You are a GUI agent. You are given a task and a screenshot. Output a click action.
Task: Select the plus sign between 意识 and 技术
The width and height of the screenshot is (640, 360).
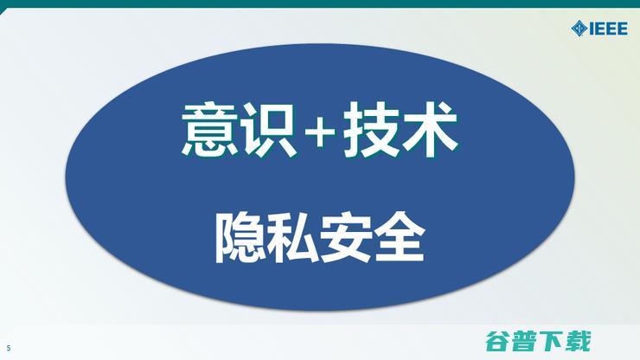(x=322, y=132)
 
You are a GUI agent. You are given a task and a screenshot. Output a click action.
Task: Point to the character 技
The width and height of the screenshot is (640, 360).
(x=373, y=132)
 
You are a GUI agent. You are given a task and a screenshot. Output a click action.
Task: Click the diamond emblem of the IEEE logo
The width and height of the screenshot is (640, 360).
(x=579, y=29)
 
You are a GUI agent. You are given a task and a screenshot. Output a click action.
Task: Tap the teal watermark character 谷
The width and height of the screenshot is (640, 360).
(x=496, y=339)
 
